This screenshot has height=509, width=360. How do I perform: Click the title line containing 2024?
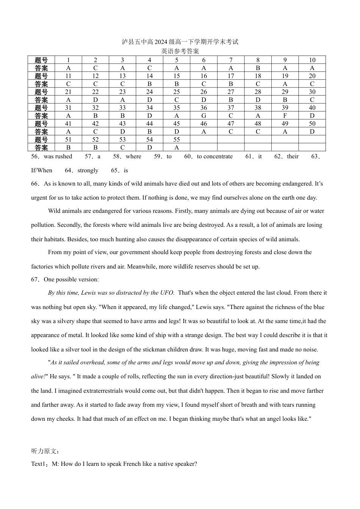click(x=180, y=42)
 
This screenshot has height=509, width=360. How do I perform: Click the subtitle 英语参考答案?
click(x=180, y=51)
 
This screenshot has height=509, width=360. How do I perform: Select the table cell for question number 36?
click(x=203, y=108)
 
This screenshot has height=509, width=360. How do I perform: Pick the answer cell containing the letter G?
click(x=203, y=116)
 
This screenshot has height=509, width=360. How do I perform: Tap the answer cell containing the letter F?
click(x=285, y=116)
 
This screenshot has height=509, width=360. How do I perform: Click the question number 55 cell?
click(x=177, y=140)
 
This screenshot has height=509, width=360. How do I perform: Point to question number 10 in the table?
click(x=312, y=60)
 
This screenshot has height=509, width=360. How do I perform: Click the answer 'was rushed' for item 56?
click(x=58, y=156)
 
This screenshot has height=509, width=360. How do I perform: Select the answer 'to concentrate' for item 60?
click(x=214, y=156)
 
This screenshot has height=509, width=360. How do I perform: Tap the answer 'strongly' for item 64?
click(x=88, y=170)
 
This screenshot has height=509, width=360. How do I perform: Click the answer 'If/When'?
click(x=42, y=170)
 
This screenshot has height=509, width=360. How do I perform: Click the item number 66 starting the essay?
click(x=35, y=184)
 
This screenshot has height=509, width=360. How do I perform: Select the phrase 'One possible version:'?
click(x=71, y=279)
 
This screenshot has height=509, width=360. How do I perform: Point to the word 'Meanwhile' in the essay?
click(x=142, y=267)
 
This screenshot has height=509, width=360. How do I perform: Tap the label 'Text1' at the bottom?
click(x=38, y=464)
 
